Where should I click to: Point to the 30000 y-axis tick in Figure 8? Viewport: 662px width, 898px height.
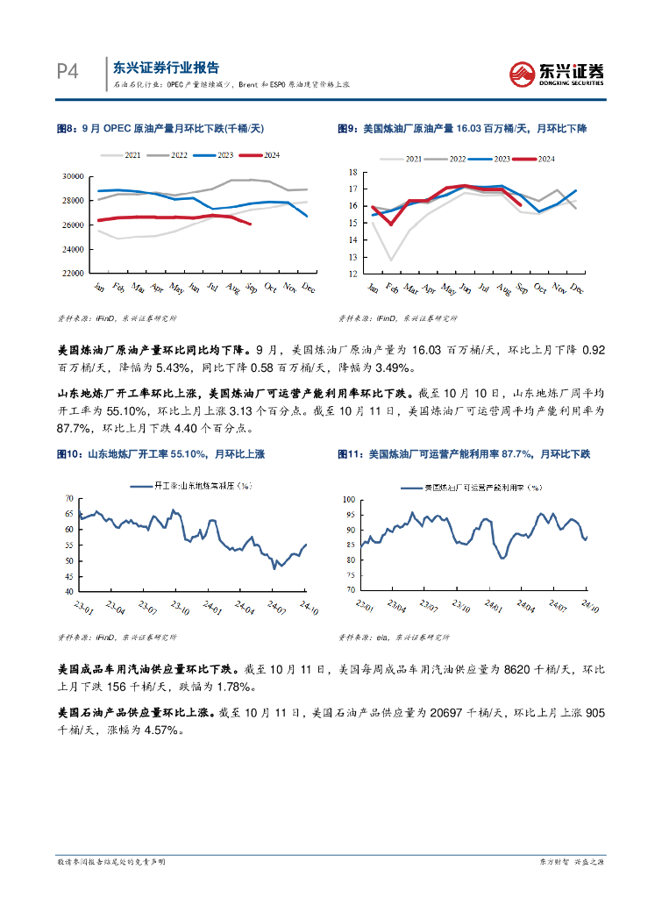73,176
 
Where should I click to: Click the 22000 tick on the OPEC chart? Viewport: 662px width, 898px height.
73,274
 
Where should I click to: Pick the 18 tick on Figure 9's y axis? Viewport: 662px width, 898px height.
353,172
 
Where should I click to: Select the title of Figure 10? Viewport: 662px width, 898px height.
160,454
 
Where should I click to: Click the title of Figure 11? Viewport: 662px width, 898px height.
464,454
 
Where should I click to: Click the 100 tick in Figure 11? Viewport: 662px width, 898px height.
348,498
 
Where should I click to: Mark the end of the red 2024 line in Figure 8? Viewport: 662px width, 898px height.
251,224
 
